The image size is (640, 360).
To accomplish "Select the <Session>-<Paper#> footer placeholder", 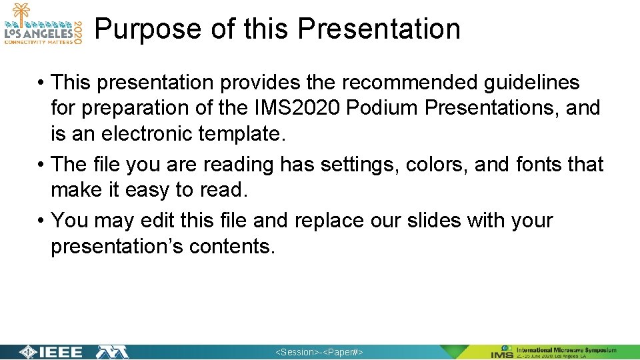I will click(319, 352).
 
